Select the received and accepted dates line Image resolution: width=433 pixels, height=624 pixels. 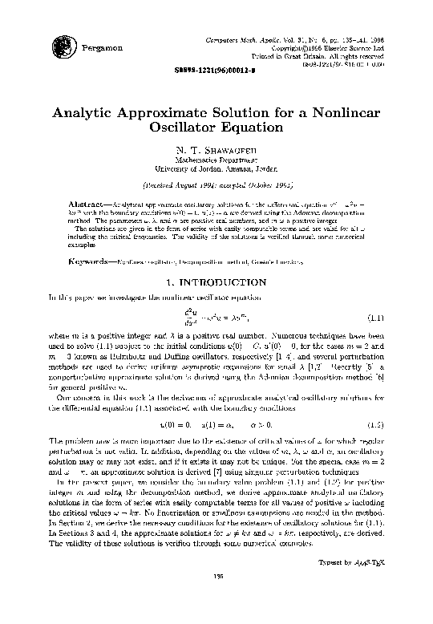tap(216, 183)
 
